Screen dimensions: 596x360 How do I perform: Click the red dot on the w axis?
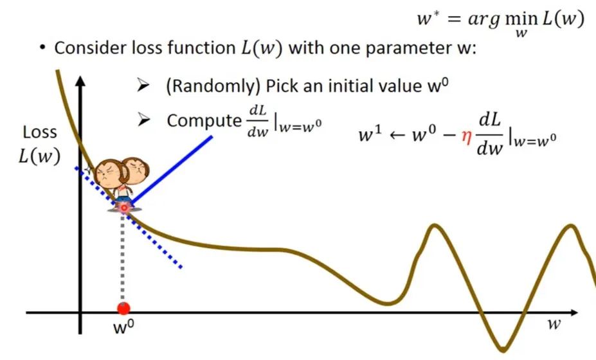tap(123, 309)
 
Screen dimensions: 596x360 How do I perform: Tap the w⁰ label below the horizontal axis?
tap(124, 327)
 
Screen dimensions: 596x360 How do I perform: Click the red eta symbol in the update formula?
tap(466, 136)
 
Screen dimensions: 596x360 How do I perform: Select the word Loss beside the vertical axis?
tap(39, 132)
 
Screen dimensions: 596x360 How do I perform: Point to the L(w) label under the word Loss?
tap(39, 156)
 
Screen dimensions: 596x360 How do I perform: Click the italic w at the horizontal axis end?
tap(554, 324)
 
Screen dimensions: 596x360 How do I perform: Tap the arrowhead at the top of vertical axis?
tap(80, 81)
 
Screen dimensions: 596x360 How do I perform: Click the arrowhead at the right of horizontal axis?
tap(573, 312)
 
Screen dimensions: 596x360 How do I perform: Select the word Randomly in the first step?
tap(212, 87)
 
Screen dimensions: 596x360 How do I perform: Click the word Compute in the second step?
tap(204, 120)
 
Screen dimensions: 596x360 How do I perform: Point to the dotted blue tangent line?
tap(129, 217)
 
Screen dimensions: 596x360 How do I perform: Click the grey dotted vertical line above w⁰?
tap(122, 257)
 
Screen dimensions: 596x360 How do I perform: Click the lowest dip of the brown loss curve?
tap(503, 348)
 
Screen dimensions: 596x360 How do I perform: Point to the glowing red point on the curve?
tap(124, 208)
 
